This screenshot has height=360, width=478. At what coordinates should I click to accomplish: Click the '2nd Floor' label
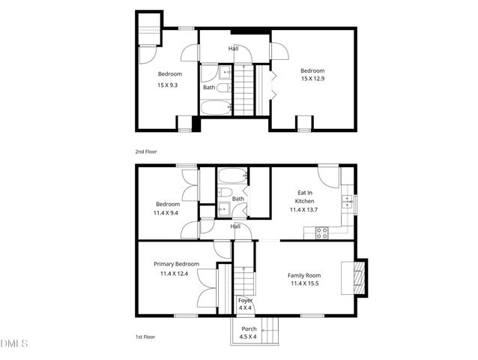tap(146, 152)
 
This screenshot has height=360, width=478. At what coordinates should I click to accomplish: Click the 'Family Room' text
tap(304, 275)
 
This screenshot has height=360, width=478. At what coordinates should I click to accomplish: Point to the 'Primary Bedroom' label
tap(176, 264)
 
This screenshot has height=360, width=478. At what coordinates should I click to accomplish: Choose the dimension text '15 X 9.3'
tap(169, 85)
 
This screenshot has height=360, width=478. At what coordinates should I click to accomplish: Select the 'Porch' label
tap(249, 329)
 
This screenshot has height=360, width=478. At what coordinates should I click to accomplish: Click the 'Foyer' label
tap(245, 301)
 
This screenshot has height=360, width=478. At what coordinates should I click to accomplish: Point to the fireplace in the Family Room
tap(360, 275)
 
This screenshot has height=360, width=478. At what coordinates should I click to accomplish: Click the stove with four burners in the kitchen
tap(322, 233)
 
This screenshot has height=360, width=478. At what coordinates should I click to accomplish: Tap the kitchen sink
tap(347, 201)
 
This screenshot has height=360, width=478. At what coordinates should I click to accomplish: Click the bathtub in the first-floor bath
tap(232, 178)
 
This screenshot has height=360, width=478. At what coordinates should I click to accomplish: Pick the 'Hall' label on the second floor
tap(233, 49)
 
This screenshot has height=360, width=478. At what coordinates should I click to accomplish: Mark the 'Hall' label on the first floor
tap(235, 226)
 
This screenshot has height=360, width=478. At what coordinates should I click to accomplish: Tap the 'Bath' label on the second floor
tap(209, 88)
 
